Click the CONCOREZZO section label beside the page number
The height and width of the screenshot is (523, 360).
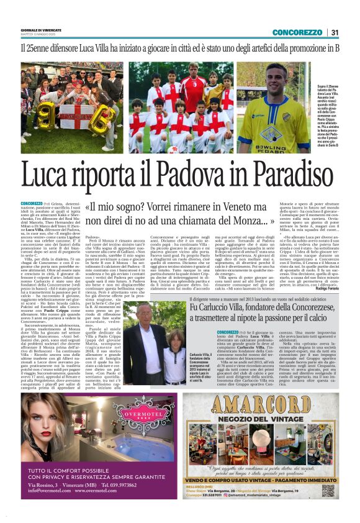297,32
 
